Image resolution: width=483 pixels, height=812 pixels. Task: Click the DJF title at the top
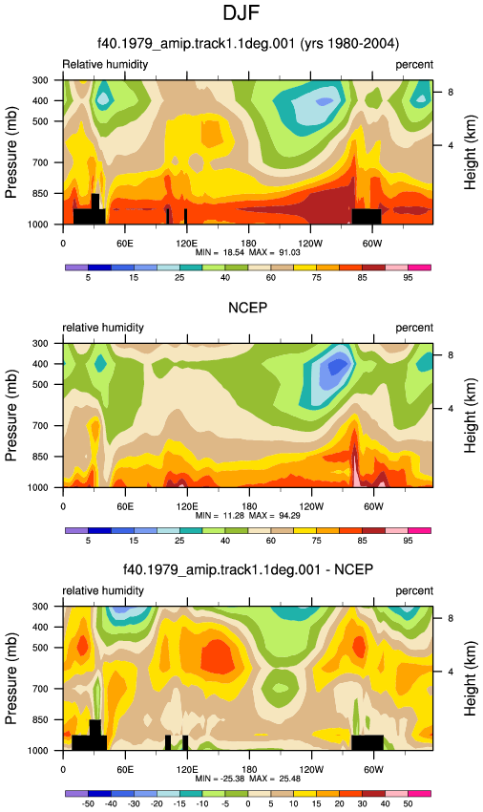pyautogui.click(x=241, y=12)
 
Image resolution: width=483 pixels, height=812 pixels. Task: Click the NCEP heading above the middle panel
pyautogui.click(x=248, y=308)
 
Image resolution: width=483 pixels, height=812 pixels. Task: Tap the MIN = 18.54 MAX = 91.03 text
pyautogui.click(x=248, y=252)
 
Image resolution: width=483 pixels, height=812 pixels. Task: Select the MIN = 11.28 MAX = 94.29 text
pyautogui.click(x=248, y=515)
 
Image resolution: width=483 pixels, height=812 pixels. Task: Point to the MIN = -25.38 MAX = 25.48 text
pyautogui.click(x=248, y=779)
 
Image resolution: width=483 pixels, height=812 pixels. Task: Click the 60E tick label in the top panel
pyautogui.click(x=125, y=244)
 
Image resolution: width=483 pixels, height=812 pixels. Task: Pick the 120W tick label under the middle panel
pyautogui.click(x=311, y=506)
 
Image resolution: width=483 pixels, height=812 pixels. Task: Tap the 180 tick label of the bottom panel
pyautogui.click(x=249, y=770)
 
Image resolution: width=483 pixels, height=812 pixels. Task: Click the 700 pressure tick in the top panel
pyautogui.click(x=40, y=162)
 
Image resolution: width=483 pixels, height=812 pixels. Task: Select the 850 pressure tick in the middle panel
pyautogui.click(x=40, y=457)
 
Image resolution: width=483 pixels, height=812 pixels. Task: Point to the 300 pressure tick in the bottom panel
pyautogui.click(x=40, y=607)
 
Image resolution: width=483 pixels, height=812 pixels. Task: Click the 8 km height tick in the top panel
pyautogui.click(x=451, y=92)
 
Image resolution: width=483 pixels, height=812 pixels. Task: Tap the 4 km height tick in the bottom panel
pyautogui.click(x=451, y=672)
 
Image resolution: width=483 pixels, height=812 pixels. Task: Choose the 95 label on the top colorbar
pyautogui.click(x=408, y=278)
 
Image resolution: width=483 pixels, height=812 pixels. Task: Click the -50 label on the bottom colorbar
pyautogui.click(x=88, y=803)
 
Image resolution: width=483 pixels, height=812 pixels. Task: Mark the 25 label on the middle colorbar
pyautogui.click(x=179, y=541)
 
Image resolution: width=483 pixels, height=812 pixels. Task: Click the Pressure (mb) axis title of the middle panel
pyautogui.click(x=11, y=416)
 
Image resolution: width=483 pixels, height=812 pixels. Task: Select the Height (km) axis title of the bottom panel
pyautogui.click(x=470, y=678)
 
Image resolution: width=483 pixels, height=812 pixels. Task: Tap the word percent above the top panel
pyautogui.click(x=414, y=65)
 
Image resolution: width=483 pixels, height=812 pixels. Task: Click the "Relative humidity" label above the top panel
pyautogui.click(x=105, y=64)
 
